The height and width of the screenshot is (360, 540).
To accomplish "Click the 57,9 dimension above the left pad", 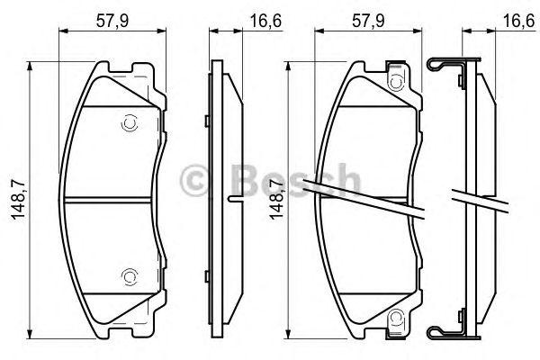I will tap(116, 17).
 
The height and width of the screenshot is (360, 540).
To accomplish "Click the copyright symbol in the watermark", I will tap(197, 178).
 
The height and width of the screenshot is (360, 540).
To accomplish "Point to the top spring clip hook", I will tap(441, 66).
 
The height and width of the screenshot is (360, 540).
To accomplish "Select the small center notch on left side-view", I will tap(233, 197).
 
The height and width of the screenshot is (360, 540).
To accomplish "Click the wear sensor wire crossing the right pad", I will tap(360, 197).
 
